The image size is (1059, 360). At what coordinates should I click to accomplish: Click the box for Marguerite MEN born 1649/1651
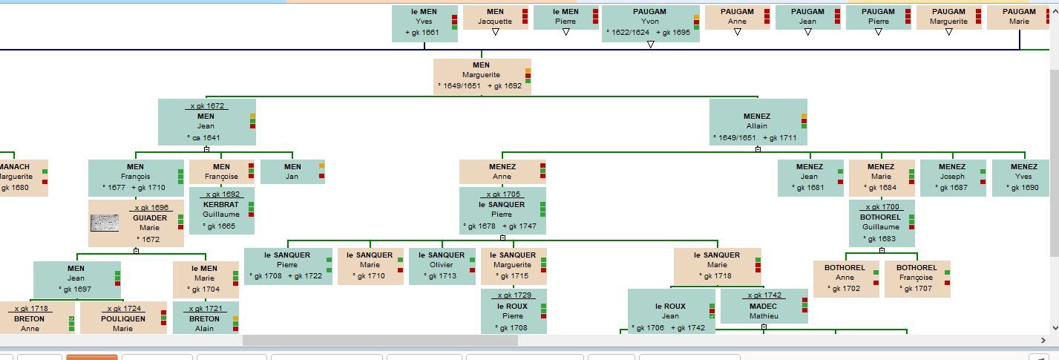(x=482, y=76)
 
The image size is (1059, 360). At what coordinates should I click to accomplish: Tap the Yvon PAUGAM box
(x=649, y=22)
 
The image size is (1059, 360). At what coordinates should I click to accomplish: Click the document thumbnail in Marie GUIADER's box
(x=104, y=223)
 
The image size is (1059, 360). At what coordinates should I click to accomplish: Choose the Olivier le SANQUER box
(x=441, y=266)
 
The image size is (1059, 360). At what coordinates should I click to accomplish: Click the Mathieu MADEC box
(x=763, y=307)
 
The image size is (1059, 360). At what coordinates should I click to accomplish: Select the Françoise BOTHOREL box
(x=916, y=278)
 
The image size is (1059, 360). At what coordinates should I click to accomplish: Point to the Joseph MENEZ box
(x=952, y=177)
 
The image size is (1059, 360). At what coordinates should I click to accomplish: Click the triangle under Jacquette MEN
(x=495, y=32)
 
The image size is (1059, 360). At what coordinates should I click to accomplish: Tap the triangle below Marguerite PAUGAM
(x=948, y=32)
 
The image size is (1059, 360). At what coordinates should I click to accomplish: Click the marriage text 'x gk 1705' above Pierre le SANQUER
(x=502, y=194)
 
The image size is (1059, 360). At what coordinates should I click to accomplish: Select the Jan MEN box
(x=292, y=171)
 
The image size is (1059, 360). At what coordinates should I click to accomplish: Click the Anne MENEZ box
(x=502, y=171)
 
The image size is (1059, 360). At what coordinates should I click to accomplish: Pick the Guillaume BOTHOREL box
(x=880, y=223)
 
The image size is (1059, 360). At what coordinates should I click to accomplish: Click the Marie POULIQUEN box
(x=122, y=319)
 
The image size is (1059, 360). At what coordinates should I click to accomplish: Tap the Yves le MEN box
(x=424, y=22)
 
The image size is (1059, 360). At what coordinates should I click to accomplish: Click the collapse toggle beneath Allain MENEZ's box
(x=758, y=149)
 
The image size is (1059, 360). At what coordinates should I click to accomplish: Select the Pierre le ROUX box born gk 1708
(x=512, y=312)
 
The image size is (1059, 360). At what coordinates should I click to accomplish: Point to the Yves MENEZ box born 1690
(x=1023, y=177)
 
